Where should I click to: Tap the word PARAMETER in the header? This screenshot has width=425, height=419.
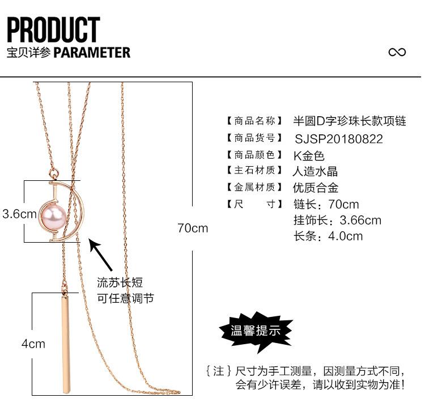[92, 53]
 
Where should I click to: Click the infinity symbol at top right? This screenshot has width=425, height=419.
[397, 52]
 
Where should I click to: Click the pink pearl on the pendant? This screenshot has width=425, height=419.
[53, 215]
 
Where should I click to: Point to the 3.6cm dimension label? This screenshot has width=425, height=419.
[19, 214]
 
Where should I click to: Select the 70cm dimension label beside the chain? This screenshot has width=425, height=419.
[193, 228]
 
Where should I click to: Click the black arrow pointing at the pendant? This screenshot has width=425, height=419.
[105, 255]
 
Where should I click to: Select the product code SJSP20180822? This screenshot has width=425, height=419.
[339, 139]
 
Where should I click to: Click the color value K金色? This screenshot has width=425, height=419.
[309, 155]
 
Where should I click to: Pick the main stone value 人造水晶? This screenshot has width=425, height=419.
[315, 172]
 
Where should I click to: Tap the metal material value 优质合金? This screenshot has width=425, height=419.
[315, 188]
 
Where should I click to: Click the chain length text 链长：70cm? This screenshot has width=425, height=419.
[326, 204]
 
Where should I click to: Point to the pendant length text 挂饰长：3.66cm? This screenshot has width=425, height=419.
[337, 221]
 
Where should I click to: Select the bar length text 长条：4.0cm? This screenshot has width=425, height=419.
[328, 236]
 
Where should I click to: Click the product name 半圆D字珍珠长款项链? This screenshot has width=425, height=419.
[349, 121]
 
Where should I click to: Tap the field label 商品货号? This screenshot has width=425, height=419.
[254, 138]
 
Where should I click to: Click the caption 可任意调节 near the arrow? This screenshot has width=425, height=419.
[125, 298]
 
